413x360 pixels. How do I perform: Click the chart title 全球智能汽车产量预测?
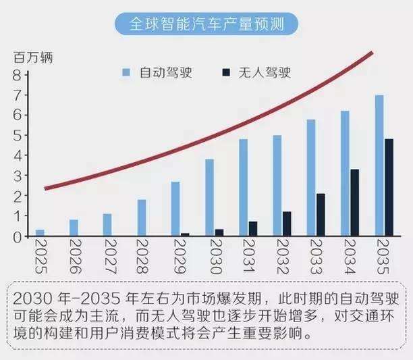(206, 24)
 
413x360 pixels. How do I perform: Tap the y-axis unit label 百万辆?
(33, 57)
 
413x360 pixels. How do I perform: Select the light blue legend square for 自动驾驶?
(126, 72)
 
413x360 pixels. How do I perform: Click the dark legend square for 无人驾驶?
(226, 72)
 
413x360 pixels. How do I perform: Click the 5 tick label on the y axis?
(17, 136)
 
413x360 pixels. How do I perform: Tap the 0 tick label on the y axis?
(17, 237)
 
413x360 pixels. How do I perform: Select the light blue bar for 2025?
(40, 233)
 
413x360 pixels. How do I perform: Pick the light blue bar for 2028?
(142, 217)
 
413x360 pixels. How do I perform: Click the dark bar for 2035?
(389, 187)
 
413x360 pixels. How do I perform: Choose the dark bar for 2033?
(321, 215)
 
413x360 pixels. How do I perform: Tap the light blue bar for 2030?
(209, 197)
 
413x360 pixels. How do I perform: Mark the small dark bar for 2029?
(185, 234)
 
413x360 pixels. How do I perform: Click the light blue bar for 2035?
(379, 165)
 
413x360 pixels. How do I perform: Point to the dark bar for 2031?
(253, 229)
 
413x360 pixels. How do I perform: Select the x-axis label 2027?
(111, 257)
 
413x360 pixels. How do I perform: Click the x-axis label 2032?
(283, 257)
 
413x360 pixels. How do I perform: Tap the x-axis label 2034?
(350, 257)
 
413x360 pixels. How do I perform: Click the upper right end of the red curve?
(373, 53)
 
